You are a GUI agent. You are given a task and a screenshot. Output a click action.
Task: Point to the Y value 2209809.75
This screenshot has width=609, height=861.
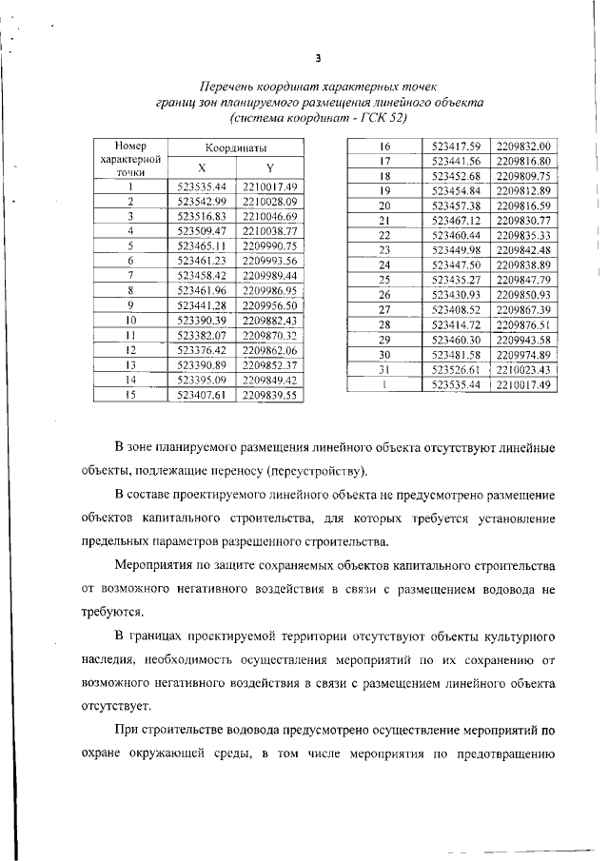tap(523, 176)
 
